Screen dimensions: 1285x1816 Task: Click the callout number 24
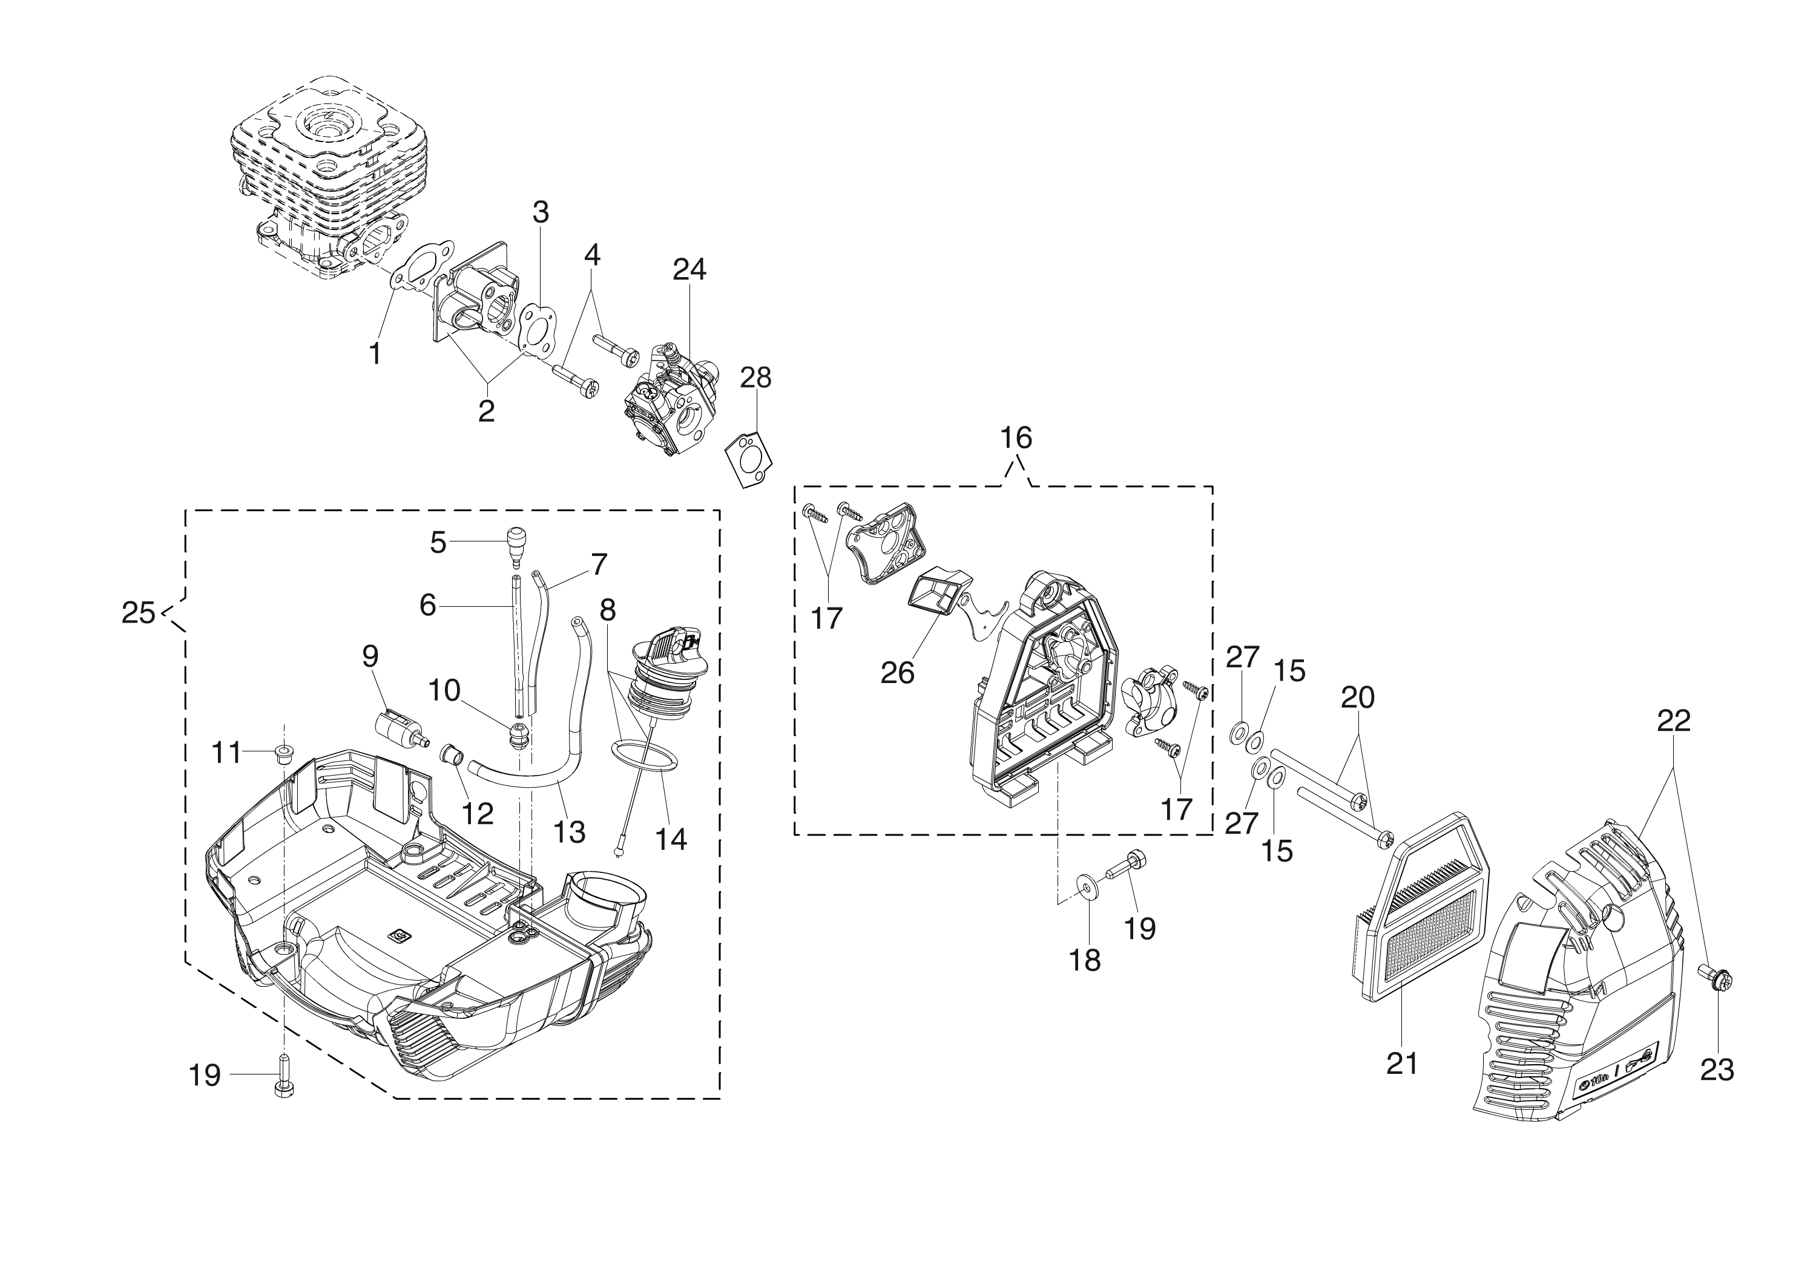coord(689,270)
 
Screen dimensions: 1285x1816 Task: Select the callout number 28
coord(755,378)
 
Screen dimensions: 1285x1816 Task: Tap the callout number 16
coord(1016,437)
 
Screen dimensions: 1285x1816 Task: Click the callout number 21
coord(1401,1064)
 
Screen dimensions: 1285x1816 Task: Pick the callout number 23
coord(1717,1070)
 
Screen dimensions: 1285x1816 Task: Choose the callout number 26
coord(897,673)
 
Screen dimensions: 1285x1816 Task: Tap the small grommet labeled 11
coord(281,751)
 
